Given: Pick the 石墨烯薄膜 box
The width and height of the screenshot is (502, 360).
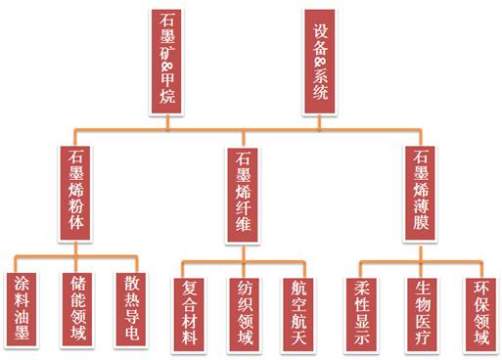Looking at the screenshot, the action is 421,192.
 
